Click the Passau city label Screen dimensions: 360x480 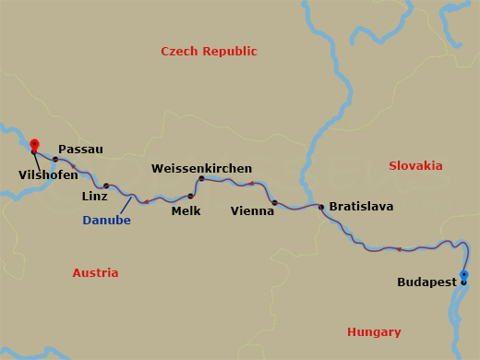click(80, 149)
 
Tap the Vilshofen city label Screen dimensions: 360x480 click(48, 174)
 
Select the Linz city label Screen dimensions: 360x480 click(94, 197)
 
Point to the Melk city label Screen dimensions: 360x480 click(186, 210)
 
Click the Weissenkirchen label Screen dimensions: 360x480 click(201, 169)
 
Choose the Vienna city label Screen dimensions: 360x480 click(252, 211)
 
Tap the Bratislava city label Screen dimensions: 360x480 click(361, 207)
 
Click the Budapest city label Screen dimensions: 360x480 click(426, 282)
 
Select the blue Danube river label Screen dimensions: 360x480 click(106, 221)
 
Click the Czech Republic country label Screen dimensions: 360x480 click(209, 52)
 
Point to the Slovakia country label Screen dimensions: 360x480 click(415, 165)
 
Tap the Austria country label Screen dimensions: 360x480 click(95, 273)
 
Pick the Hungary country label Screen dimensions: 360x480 click(374, 332)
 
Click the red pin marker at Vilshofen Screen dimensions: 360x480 click(34, 145)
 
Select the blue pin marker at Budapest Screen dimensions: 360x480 click(463, 276)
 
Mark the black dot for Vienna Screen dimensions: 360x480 click(274, 202)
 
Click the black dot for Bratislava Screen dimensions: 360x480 click(321, 207)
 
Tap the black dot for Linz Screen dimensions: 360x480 click(106, 186)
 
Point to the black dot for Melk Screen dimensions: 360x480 click(191, 196)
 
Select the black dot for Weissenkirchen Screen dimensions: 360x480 click(201, 178)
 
